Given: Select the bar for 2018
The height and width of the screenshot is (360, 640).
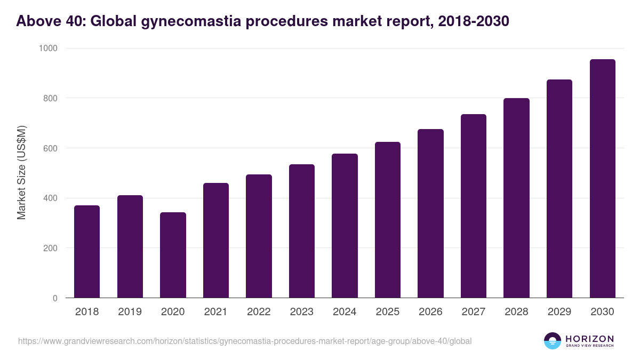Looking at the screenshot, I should [x=87, y=252].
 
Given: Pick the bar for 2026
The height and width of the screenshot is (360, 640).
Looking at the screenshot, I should [x=430, y=213].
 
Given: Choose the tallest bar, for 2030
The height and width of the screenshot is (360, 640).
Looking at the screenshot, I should [x=602, y=179].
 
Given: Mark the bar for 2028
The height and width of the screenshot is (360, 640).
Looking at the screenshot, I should [x=516, y=198].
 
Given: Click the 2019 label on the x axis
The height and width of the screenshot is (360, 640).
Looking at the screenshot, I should [x=130, y=312].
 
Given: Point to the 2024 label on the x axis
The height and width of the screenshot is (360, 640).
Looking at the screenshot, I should [x=345, y=312].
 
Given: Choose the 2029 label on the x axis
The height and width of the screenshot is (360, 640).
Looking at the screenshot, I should [x=559, y=312].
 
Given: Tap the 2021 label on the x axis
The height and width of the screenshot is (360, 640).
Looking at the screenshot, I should [x=216, y=312].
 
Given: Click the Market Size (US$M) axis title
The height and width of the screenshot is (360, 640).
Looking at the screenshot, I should [x=21, y=173].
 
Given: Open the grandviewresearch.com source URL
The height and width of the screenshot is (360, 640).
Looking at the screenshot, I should [x=245, y=341].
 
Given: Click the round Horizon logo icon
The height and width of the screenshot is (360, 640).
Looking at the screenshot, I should [x=553, y=341].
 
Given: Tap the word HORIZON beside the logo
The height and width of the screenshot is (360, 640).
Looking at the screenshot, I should [x=589, y=338].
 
